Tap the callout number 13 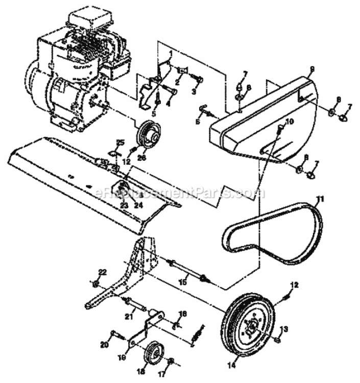tap(284, 328)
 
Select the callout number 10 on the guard tap(290, 121)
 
